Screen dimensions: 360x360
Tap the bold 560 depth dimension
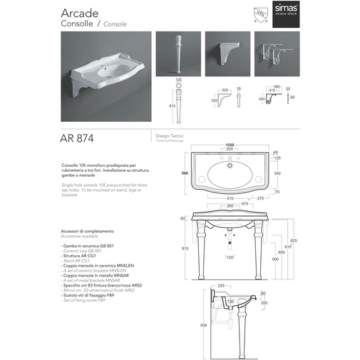[183, 173]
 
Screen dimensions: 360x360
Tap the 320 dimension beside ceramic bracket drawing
[214, 101]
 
